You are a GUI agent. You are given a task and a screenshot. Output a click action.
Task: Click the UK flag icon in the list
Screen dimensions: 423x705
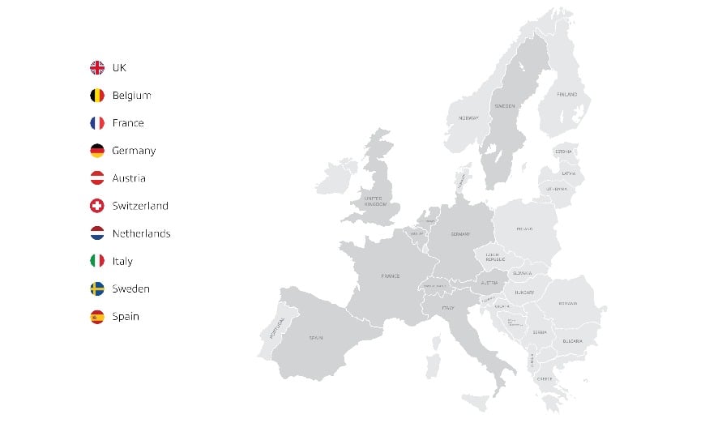click(97, 67)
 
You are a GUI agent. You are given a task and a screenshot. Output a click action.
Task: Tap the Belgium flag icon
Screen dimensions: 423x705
click(97, 95)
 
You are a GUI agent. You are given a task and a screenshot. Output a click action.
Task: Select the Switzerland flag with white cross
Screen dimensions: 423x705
click(97, 206)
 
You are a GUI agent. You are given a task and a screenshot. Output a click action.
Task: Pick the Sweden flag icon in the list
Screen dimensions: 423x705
click(97, 288)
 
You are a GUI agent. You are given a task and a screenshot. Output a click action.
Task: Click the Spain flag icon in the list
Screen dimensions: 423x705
click(97, 317)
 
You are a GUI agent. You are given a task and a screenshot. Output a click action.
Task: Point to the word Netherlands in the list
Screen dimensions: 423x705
click(141, 233)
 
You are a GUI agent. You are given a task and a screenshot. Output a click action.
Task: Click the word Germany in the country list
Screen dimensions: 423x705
click(134, 151)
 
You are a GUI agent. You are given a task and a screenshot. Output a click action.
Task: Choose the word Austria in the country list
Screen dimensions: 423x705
click(129, 178)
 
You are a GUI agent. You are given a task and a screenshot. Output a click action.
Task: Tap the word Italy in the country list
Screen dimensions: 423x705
click(122, 261)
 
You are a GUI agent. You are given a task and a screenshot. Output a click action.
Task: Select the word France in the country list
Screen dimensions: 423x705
click(128, 123)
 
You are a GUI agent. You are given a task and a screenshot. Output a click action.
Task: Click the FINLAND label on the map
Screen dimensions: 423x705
click(567, 95)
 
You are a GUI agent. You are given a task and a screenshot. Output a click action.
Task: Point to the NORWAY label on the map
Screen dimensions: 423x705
click(468, 118)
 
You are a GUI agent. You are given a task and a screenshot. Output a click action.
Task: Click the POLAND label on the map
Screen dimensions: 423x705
click(524, 229)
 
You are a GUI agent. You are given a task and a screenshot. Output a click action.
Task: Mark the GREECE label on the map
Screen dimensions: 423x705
click(545, 378)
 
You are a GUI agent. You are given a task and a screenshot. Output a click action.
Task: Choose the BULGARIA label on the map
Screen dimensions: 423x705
click(574, 341)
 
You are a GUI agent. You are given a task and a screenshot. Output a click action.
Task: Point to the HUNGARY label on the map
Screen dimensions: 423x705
click(523, 293)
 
